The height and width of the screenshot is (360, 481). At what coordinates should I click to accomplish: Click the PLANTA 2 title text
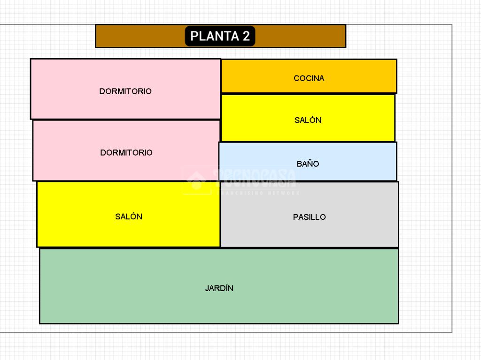[x=220, y=37]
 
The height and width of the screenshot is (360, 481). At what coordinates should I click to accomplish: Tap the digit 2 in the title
[x=246, y=37]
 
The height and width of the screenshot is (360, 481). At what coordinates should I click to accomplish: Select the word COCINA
[x=309, y=78]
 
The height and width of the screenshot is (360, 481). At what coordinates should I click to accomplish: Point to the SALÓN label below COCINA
[x=308, y=120]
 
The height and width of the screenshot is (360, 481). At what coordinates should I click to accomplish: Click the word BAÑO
[x=308, y=164]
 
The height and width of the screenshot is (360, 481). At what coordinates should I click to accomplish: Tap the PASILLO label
[x=309, y=217]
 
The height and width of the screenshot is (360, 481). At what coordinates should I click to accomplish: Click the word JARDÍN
[x=219, y=288]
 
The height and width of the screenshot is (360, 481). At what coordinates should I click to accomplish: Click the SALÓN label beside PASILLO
[x=128, y=217]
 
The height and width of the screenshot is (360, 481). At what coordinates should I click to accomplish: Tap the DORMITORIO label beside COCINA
[x=125, y=91]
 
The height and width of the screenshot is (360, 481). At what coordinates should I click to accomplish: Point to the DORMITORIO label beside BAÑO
[x=126, y=153]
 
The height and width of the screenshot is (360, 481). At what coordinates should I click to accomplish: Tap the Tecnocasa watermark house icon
[x=196, y=180]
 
